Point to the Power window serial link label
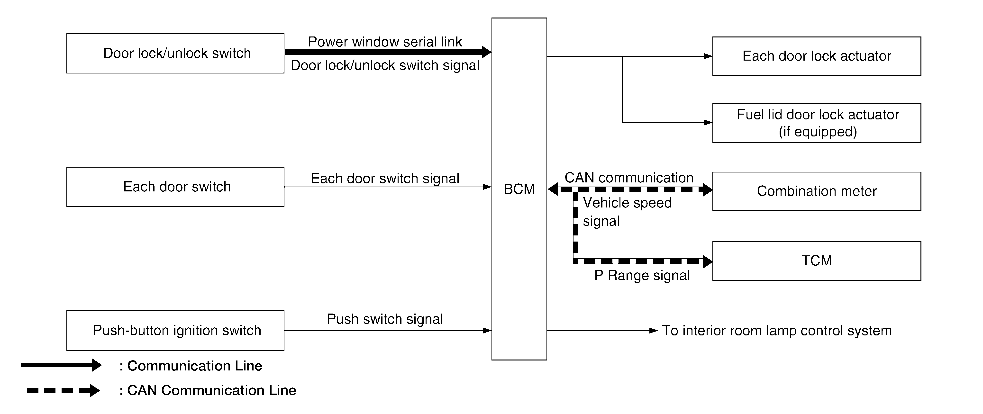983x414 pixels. (x=385, y=42)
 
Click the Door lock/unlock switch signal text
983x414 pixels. (x=385, y=65)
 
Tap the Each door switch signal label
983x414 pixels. (x=385, y=178)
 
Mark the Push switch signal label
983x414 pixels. (x=385, y=319)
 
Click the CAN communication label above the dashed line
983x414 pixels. (x=629, y=177)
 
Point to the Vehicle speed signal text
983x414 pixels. (x=627, y=212)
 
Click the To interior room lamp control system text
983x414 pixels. (x=777, y=330)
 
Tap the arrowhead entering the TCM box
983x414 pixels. (x=708, y=261)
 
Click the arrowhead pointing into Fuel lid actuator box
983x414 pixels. (x=708, y=123)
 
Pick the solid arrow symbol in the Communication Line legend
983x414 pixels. (x=61, y=365)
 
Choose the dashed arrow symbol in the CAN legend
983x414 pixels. (x=60, y=390)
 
